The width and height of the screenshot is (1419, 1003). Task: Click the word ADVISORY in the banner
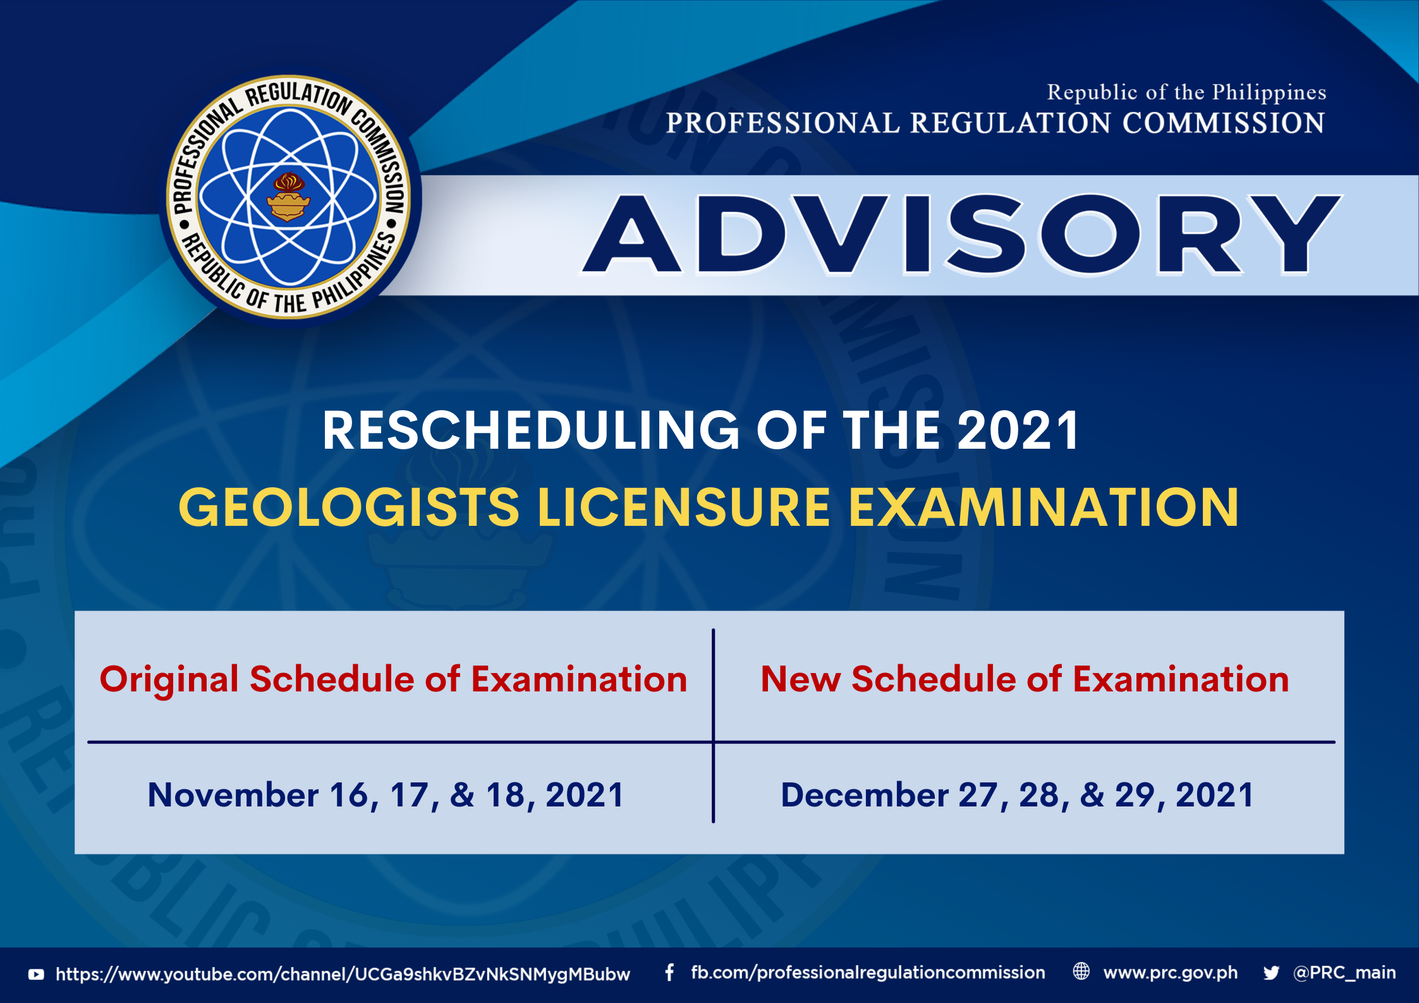pyautogui.click(x=962, y=234)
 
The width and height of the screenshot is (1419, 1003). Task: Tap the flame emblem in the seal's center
pyautogui.click(x=288, y=197)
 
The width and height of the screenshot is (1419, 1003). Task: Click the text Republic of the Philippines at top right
pyautogui.click(x=1186, y=92)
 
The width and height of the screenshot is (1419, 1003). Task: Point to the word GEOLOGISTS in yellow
pyautogui.click(x=349, y=507)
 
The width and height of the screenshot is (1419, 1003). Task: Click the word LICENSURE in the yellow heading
pyautogui.click(x=683, y=507)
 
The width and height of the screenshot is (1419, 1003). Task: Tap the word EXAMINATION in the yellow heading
pyautogui.click(x=1043, y=507)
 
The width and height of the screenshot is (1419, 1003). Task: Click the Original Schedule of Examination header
pyautogui.click(x=393, y=679)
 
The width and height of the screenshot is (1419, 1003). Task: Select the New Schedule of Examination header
pyautogui.click(x=1025, y=679)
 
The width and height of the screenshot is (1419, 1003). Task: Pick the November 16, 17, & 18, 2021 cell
pyautogui.click(x=386, y=795)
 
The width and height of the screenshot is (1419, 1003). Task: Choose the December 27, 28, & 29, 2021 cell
pyautogui.click(x=1017, y=795)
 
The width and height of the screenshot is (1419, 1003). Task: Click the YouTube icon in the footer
pyautogui.click(x=36, y=975)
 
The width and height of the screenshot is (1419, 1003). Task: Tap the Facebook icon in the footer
pyautogui.click(x=669, y=973)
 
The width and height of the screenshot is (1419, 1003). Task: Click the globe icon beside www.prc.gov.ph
pyautogui.click(x=1081, y=971)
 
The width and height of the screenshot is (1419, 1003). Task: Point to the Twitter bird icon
pyautogui.click(x=1271, y=973)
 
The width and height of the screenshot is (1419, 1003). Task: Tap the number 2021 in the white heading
pyautogui.click(x=1018, y=430)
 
